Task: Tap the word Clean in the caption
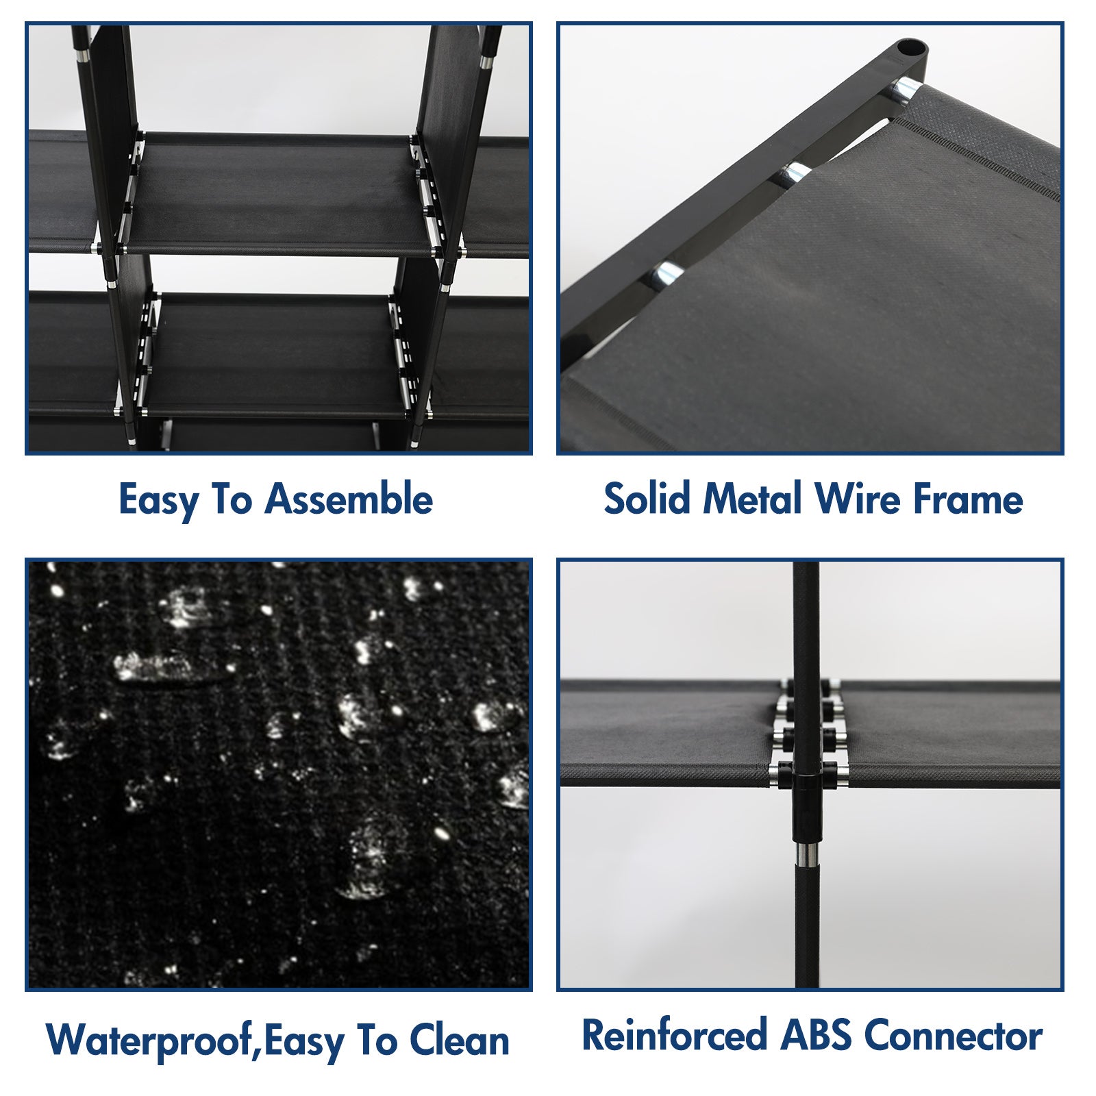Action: coord(460,1040)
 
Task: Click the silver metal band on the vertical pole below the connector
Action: coord(806,854)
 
